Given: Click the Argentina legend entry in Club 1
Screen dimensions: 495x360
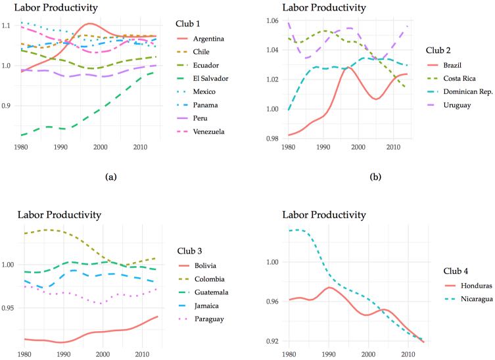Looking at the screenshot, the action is pyautogui.click(x=200, y=39).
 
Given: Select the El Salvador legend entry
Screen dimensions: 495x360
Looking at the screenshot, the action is pyautogui.click(x=202, y=79).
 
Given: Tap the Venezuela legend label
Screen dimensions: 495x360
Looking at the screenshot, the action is pyautogui.click(x=208, y=131).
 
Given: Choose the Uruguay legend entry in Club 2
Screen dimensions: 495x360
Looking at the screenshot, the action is pyautogui.click(x=448, y=105).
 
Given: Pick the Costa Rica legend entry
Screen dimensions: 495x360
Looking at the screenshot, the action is pyautogui.click(x=451, y=79).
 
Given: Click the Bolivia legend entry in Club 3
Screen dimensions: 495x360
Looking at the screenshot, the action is pyautogui.click(x=197, y=265).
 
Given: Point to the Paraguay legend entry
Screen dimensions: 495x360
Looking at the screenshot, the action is pyautogui.click(x=201, y=319).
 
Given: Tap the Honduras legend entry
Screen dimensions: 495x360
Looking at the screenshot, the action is pyautogui.click(x=468, y=286).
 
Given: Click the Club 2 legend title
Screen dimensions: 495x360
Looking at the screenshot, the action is pyautogui.click(x=438, y=51).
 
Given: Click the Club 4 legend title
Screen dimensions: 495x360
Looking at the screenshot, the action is pyautogui.click(x=456, y=271).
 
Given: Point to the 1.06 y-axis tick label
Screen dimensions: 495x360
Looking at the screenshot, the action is pyautogui.click(x=272, y=21).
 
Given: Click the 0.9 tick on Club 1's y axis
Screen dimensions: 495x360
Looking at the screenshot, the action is pyautogui.click(x=6, y=106).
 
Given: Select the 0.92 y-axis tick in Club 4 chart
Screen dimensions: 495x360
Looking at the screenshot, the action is pyautogui.click(x=272, y=341).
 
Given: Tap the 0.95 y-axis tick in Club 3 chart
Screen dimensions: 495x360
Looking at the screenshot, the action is pyautogui.click(x=8, y=308).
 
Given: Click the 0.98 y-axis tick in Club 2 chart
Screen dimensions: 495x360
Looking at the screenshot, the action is pyautogui.click(x=272, y=139).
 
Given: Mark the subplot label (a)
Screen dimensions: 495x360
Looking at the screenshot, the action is pyautogui.click(x=111, y=177).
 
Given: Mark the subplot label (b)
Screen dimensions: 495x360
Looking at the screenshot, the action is pyautogui.click(x=375, y=177).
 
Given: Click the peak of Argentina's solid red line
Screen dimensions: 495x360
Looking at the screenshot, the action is pyautogui.click(x=90, y=24).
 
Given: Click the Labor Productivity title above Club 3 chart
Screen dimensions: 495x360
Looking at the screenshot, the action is pyautogui.click(x=59, y=215).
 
